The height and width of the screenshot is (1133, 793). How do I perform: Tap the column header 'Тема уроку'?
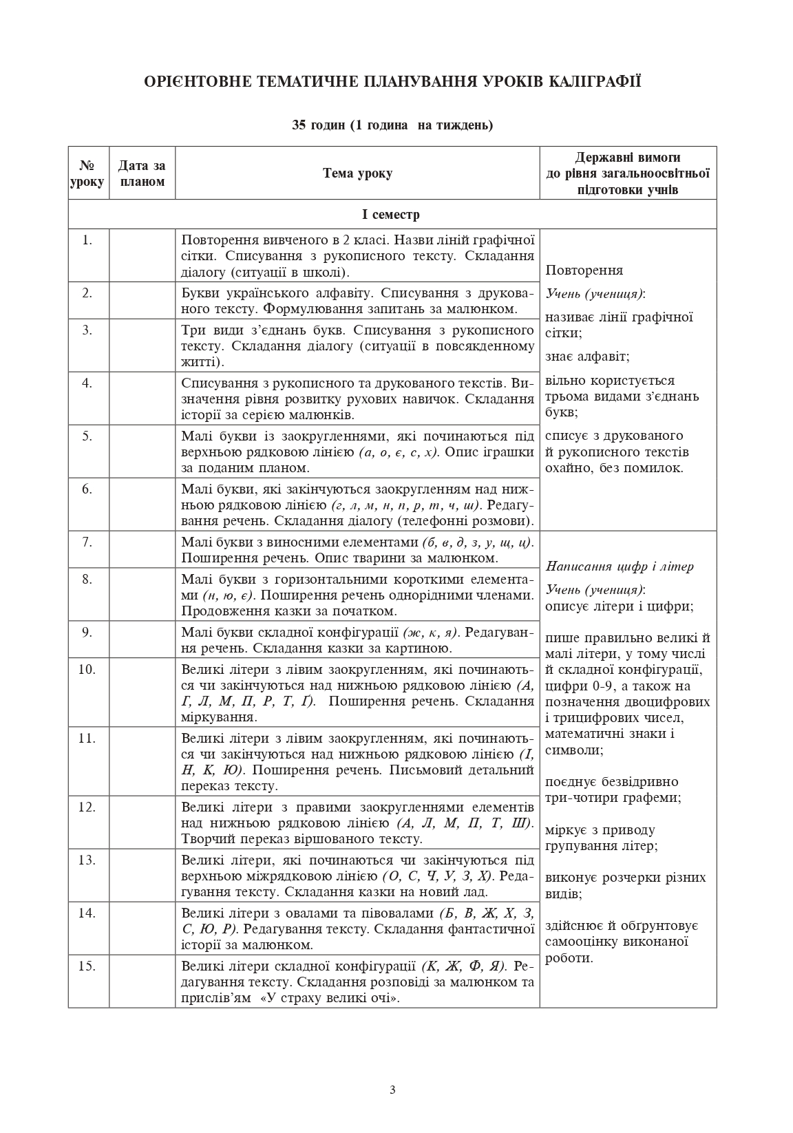tap(357, 173)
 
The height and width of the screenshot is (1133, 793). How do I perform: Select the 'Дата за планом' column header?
tap(142, 173)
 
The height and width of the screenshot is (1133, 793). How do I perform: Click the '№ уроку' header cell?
tap(87, 173)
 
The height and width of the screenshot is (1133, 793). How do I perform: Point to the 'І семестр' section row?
tap(391, 214)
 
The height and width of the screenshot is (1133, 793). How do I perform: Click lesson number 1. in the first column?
tap(87, 240)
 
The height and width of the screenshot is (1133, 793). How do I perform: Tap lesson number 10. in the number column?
tap(87, 669)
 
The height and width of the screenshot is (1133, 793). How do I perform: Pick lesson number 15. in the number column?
tap(87, 966)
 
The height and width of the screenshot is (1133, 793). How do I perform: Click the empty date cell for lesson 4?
tap(142, 399)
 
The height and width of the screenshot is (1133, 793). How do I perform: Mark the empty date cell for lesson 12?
tap(142, 822)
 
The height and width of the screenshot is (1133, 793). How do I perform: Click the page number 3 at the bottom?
tap(392, 1089)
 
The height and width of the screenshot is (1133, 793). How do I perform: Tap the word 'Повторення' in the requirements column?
tap(584, 271)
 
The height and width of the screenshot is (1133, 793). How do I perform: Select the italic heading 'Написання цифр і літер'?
tap(620, 566)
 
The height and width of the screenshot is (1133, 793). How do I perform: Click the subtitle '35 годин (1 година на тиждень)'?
tap(392, 125)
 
